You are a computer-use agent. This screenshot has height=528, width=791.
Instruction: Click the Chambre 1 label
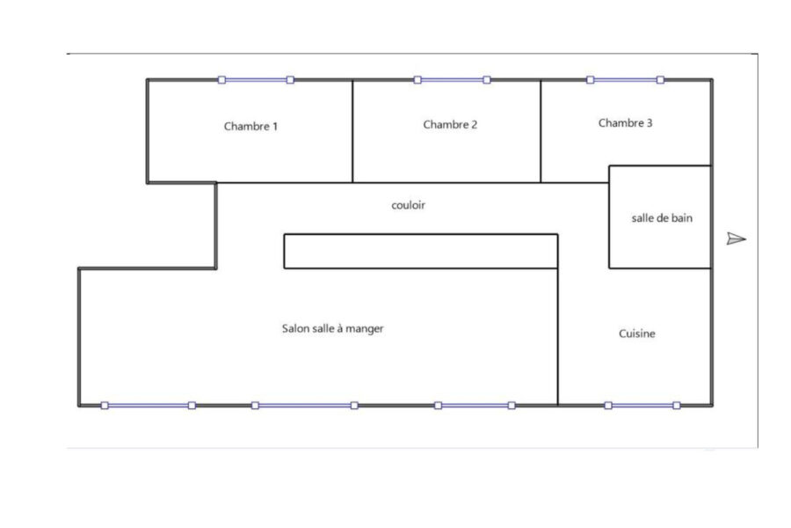point(250,127)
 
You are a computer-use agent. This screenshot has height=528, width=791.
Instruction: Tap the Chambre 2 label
point(450,125)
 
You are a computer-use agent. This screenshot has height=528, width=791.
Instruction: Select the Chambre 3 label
point(625,123)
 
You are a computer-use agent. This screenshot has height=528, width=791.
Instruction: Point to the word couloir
point(408,205)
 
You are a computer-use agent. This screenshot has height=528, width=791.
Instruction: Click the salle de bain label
point(662,218)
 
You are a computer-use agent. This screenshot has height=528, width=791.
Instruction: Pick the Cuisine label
point(637,334)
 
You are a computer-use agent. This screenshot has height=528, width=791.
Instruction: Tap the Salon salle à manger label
point(332,329)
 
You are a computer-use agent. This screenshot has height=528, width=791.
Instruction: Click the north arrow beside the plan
point(736,238)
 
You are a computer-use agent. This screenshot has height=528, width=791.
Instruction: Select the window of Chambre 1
point(256,80)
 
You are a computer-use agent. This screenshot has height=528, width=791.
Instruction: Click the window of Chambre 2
point(452,80)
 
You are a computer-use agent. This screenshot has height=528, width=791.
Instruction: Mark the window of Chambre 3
point(625,80)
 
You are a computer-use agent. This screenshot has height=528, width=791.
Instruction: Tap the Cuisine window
point(642,405)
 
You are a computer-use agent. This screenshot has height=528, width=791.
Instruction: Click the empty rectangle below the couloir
point(421,251)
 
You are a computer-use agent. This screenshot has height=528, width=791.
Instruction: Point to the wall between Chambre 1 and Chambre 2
point(352,131)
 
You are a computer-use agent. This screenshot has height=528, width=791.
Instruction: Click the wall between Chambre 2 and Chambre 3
point(541,131)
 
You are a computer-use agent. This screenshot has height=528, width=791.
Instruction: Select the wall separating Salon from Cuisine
point(558,337)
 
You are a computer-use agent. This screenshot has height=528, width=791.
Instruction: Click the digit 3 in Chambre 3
point(649,123)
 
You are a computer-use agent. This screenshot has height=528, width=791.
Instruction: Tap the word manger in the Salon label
point(365,329)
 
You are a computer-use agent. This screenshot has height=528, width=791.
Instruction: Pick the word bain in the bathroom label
point(682,218)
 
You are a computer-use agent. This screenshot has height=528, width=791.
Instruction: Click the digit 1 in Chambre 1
point(275,127)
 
